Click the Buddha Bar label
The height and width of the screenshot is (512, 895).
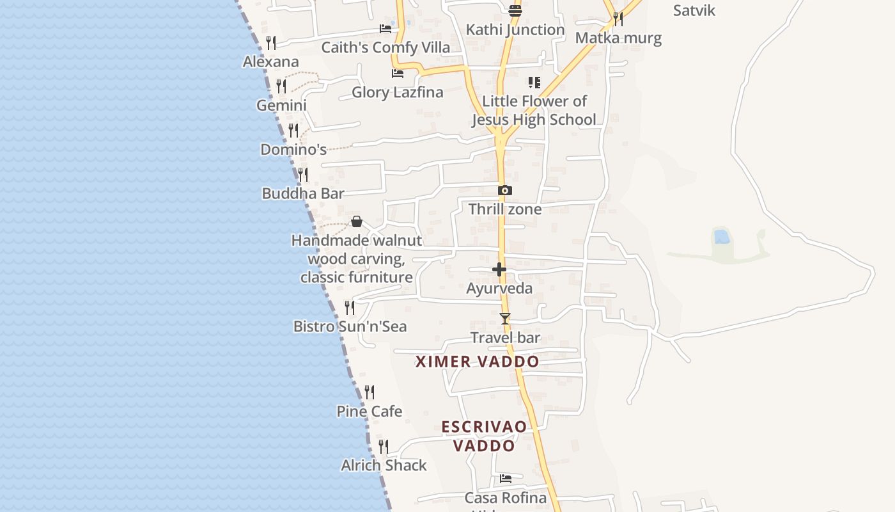click(303, 193)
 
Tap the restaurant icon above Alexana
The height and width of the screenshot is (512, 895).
click(271, 43)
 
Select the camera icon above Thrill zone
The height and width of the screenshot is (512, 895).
click(505, 190)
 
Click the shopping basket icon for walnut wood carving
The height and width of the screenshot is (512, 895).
click(357, 221)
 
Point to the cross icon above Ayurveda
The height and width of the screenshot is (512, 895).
click(499, 269)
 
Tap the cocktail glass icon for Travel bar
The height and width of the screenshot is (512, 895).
click(505, 318)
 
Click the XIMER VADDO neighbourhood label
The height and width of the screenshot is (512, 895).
click(478, 362)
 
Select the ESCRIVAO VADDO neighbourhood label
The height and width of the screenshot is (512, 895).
click(484, 436)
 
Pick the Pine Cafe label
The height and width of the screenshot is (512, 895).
click(370, 411)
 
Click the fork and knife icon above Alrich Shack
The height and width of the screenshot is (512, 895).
click(384, 446)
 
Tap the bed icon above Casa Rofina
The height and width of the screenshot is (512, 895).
click(506, 478)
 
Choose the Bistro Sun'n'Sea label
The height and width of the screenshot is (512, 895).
click(350, 326)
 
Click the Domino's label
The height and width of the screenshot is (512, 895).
click(293, 150)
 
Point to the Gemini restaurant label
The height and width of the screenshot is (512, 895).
click(281, 105)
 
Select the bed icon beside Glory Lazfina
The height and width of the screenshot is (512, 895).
click(398, 74)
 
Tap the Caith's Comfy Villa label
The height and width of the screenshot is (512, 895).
click(385, 47)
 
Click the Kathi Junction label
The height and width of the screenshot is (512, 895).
click(515, 29)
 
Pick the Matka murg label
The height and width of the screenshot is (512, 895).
click(618, 38)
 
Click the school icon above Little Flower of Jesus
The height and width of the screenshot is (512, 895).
click(534, 83)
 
